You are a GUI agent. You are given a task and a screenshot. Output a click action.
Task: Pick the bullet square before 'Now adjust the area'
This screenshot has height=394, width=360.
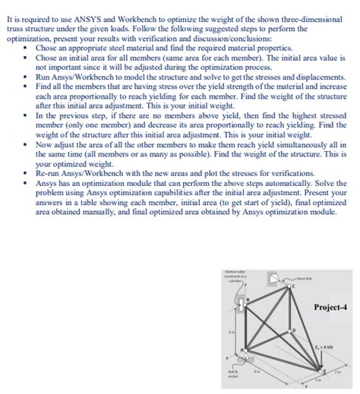click(28, 145)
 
